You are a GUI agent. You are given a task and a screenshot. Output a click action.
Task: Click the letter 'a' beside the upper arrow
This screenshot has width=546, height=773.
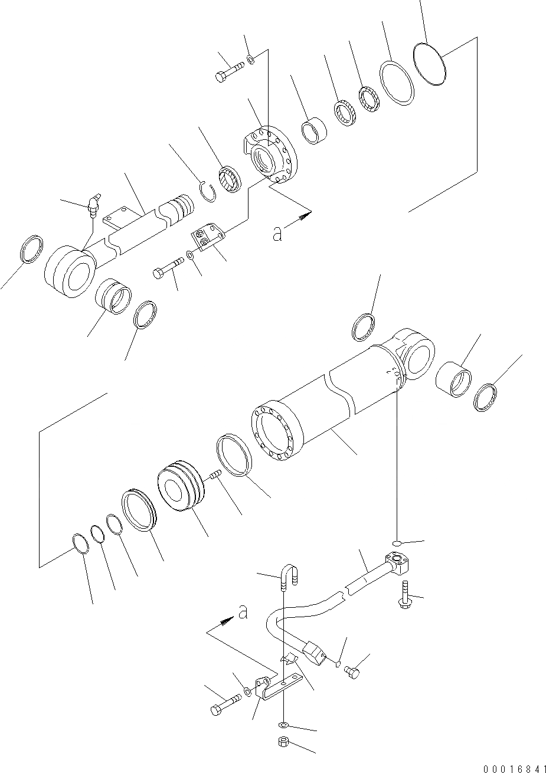tap(277, 234)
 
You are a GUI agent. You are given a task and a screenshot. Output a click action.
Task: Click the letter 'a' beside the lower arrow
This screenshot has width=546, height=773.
tap(242, 614)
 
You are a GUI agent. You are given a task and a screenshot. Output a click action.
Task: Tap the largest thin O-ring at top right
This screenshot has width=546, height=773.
tap(430, 64)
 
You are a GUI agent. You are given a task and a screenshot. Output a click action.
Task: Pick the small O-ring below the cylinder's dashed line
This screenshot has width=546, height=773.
tap(397, 542)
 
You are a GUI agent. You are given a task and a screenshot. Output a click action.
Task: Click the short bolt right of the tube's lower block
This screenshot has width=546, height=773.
tap(353, 671)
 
